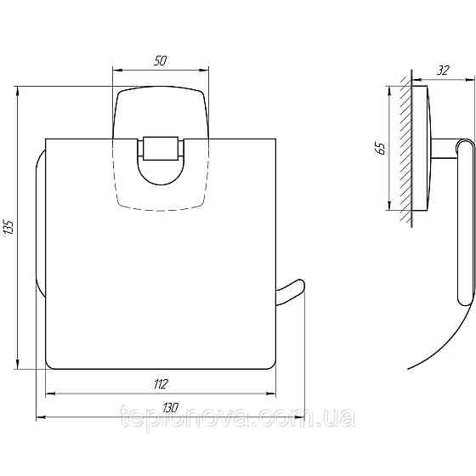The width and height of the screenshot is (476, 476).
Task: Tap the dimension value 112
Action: (x=161, y=383)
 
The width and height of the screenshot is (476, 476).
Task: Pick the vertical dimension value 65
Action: (x=382, y=147)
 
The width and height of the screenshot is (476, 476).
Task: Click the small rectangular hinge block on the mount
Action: (x=159, y=149)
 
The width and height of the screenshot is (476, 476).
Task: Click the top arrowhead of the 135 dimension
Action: (x=19, y=88)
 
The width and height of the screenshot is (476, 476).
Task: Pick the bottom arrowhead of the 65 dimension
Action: (x=389, y=209)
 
